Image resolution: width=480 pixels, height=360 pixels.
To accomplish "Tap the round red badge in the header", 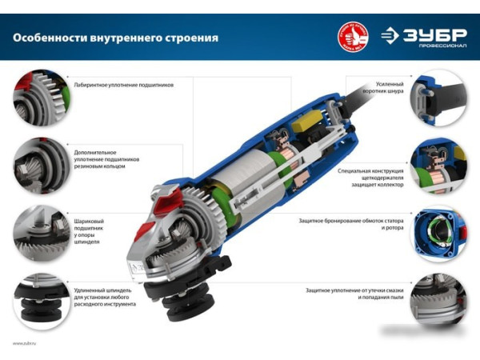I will [353, 36].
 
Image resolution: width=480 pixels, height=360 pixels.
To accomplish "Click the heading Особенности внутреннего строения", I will [115, 38].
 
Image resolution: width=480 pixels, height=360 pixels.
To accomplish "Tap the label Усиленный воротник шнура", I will [389, 88].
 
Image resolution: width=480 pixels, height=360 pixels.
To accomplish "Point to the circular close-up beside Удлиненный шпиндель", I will [42, 301].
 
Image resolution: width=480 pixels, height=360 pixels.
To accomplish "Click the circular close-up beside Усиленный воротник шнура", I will [438, 98].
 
